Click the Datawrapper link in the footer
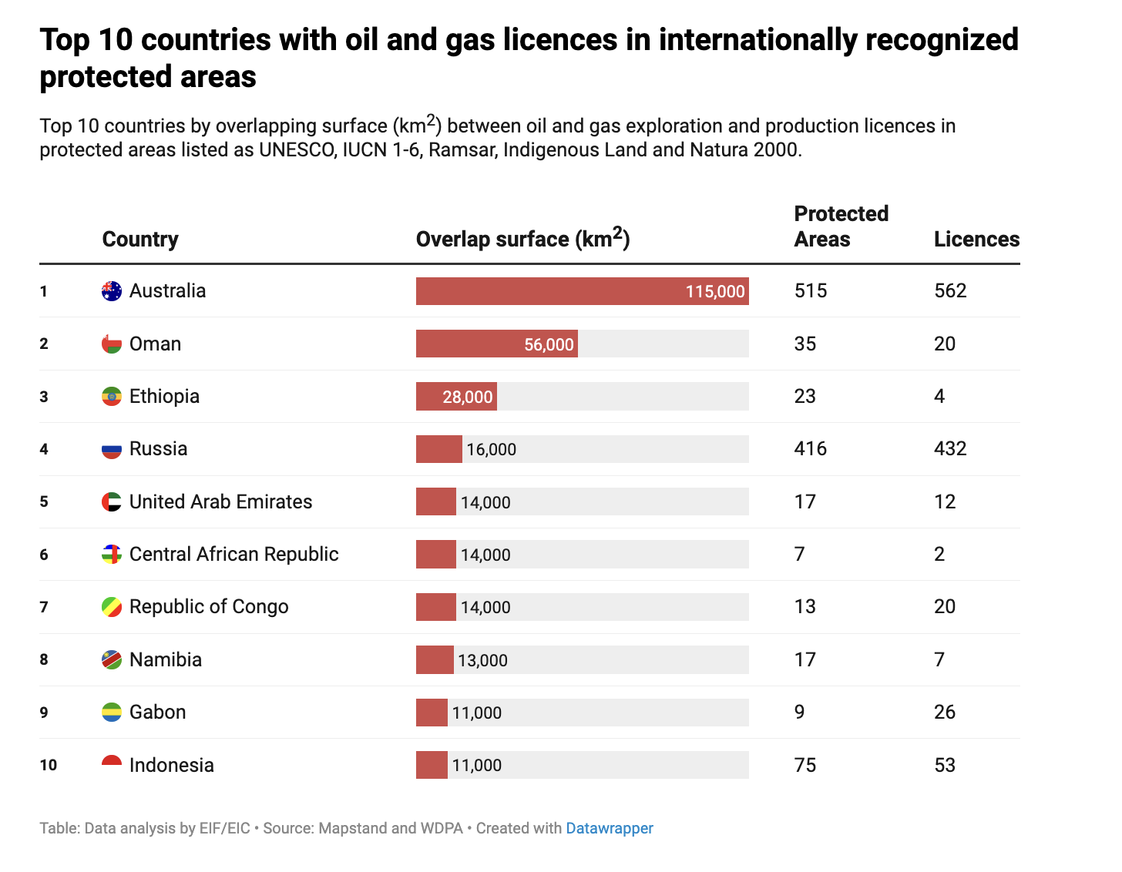click(609, 828)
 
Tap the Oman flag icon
click(112, 344)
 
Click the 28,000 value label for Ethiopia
click(467, 397)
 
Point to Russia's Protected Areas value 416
click(810, 449)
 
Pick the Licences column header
click(976, 240)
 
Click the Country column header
click(140, 240)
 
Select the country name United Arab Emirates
click(220, 502)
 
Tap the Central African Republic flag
click(112, 555)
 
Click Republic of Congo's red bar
click(436, 607)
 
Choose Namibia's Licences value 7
click(939, 660)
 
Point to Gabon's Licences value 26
click(944, 713)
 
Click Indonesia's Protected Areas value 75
click(805, 765)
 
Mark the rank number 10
click(49, 765)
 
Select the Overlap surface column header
click(522, 240)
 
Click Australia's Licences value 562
click(949, 291)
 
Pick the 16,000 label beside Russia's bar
click(491, 450)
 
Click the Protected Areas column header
click(841, 226)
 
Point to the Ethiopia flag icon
click(112, 397)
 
